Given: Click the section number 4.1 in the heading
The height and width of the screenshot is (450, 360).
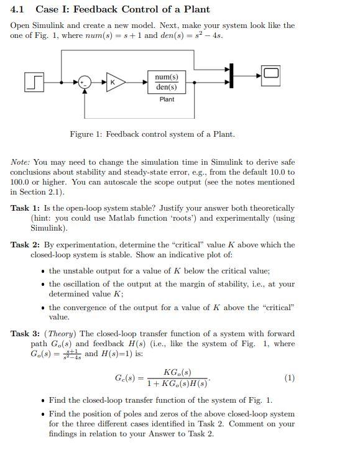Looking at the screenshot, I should [17, 9].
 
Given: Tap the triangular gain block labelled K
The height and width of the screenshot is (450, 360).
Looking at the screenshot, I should [114, 81].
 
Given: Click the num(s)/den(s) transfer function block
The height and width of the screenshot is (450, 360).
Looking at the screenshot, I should [167, 81].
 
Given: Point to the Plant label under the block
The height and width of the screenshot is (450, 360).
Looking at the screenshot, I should [167, 99].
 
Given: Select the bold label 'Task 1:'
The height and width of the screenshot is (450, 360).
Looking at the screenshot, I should [25, 208].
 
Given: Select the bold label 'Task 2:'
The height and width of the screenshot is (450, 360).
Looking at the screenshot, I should [25, 245].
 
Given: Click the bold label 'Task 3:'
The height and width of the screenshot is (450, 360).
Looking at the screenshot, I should [25, 334].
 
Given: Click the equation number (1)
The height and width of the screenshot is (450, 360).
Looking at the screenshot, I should [289, 378].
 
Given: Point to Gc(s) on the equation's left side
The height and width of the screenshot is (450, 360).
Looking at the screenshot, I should [126, 378].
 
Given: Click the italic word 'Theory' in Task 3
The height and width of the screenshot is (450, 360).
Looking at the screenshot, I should [66, 334].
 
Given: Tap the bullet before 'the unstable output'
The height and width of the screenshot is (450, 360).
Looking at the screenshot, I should [41, 271].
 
